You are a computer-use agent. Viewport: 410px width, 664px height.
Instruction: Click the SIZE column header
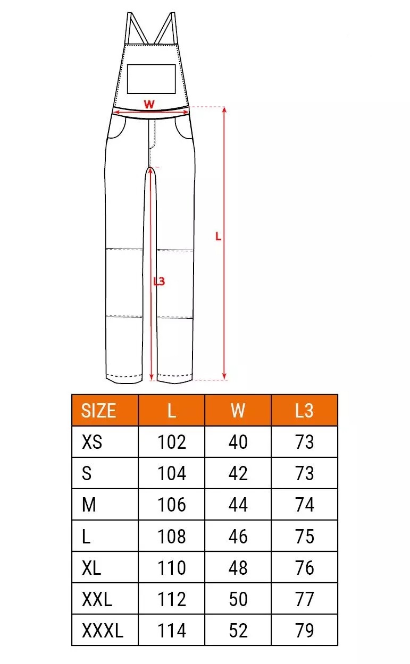[98, 411]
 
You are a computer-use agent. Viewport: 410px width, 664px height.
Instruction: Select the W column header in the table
[238, 411]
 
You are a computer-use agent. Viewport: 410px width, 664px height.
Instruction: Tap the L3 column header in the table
[304, 411]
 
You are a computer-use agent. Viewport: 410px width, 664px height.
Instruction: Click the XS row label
[92, 442]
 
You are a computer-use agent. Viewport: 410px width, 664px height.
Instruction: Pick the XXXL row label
[102, 630]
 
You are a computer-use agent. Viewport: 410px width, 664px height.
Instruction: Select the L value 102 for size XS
[172, 442]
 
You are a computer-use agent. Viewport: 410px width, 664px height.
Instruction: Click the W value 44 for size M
[238, 505]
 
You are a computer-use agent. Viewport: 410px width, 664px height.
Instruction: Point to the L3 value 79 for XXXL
[304, 630]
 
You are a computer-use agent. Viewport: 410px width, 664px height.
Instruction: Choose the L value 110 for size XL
[172, 568]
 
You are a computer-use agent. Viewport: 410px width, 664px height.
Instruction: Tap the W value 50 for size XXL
[238, 599]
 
